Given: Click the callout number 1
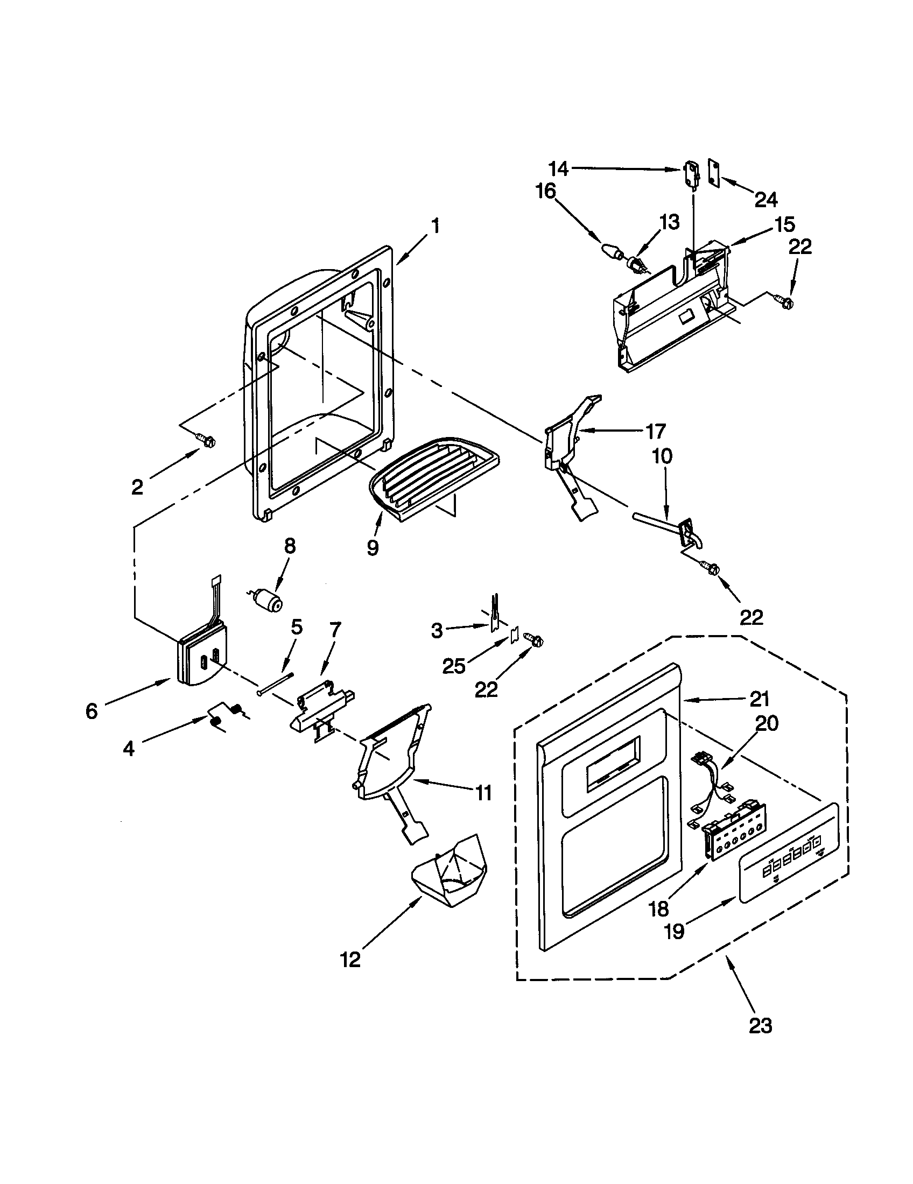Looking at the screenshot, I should coord(435,226).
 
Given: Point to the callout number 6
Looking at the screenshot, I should coord(91,711).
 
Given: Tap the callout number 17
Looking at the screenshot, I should coord(655,432).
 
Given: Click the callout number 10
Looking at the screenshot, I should coord(662,456).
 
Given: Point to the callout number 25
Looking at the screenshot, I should coord(454,666).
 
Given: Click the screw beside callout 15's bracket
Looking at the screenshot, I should coord(782,299).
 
